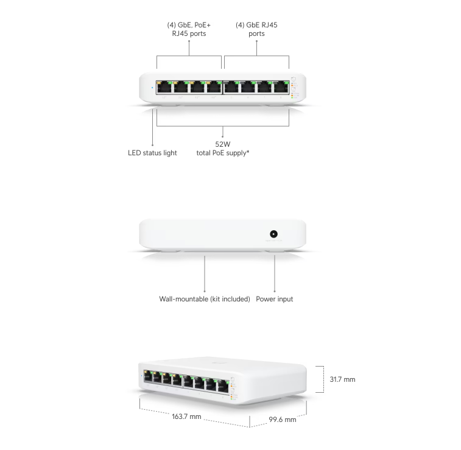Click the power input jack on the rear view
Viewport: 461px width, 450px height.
(x=274, y=234)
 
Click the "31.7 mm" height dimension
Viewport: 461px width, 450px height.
(x=342, y=379)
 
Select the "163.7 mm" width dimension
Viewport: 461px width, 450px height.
(x=186, y=417)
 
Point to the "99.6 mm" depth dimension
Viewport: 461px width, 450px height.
(x=283, y=420)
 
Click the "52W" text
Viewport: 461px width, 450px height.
(x=222, y=144)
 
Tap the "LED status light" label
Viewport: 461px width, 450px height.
(x=152, y=153)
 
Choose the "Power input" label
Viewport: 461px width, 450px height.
(x=275, y=299)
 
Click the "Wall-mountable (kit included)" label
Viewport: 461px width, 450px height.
(x=205, y=299)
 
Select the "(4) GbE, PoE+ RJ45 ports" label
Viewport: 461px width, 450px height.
(x=189, y=29)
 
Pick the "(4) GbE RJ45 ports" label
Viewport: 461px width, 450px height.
(x=256, y=29)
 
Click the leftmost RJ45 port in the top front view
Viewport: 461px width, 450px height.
(x=164, y=86)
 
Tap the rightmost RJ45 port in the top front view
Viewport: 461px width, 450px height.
(x=281, y=86)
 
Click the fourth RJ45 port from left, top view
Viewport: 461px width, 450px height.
(x=214, y=86)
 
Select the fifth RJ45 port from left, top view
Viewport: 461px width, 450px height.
(x=232, y=86)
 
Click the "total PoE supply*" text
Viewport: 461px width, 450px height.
(x=222, y=153)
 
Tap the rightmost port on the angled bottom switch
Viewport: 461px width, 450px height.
(x=223, y=385)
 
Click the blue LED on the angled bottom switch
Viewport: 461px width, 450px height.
(x=141, y=376)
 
